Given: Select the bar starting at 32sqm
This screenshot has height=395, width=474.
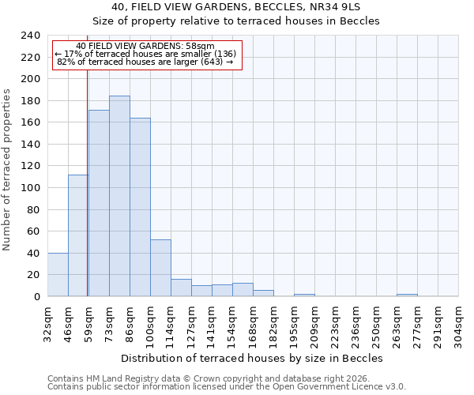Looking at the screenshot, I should point(58,275).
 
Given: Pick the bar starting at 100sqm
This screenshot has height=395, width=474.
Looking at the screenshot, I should point(160,268).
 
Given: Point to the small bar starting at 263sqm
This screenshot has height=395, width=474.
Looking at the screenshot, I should point(407,295).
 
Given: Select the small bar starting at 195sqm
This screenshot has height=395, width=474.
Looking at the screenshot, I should point(304,295).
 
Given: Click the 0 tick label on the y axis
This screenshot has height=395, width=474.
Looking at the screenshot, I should point(37,297).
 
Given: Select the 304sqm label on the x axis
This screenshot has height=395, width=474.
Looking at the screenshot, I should point(458,323).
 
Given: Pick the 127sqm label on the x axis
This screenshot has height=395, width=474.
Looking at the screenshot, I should point(191,323).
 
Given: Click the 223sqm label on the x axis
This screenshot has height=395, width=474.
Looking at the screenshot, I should point(335,323).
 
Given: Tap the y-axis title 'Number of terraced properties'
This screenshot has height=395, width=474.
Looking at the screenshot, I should point(8,170).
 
